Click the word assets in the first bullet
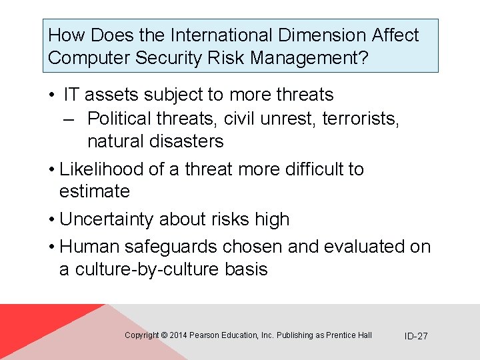click(x=113, y=95)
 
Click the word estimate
click(x=94, y=191)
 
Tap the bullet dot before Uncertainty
click(x=51, y=220)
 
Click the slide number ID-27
click(x=416, y=336)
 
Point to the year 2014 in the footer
click(x=179, y=335)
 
